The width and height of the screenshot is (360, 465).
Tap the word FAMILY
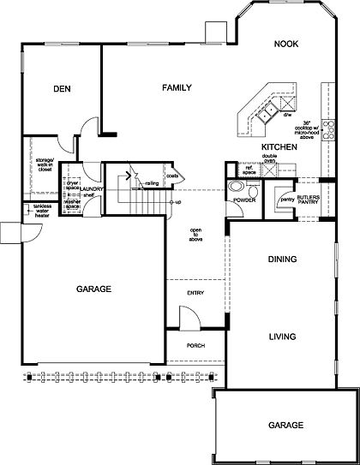[x=174, y=87]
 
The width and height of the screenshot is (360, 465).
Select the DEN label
[x=60, y=87]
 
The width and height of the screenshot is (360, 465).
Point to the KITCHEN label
[x=279, y=147]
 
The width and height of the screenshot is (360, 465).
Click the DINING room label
[x=281, y=259]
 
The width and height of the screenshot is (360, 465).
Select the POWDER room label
[x=243, y=200]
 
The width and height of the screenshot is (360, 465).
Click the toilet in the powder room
[x=237, y=188]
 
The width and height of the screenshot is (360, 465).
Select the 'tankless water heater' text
[x=43, y=210]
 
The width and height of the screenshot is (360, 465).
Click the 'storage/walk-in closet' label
[x=45, y=164]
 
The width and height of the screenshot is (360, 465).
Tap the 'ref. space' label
[x=249, y=171]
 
